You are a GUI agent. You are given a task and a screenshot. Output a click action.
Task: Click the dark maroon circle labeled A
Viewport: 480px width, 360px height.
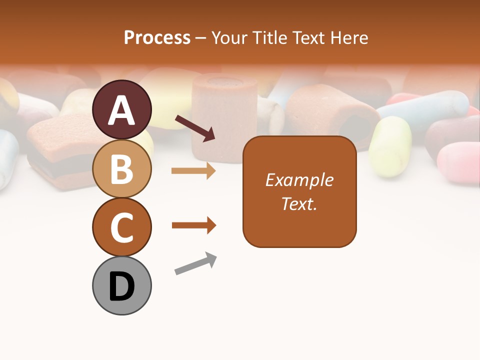click(x=121, y=109)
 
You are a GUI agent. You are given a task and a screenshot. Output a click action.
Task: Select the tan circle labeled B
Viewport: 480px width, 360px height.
click(x=121, y=168)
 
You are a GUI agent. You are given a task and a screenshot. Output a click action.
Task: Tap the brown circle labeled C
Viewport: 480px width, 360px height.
click(x=121, y=227)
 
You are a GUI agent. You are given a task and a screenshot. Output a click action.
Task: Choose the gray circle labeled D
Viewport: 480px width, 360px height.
click(x=121, y=285)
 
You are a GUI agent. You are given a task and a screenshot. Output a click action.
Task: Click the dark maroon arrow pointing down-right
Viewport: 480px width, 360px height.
click(x=194, y=127)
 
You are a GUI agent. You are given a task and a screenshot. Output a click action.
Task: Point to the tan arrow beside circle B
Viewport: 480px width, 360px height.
click(x=193, y=171)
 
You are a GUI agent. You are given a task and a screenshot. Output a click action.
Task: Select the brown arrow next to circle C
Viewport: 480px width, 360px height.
click(x=193, y=225)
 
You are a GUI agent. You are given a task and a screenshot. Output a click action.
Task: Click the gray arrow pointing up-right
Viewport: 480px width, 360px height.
click(x=195, y=263)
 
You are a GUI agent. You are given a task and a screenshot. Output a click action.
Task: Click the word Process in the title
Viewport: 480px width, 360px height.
click(x=157, y=37)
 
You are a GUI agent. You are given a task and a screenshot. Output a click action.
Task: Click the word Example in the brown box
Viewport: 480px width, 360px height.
click(x=299, y=180)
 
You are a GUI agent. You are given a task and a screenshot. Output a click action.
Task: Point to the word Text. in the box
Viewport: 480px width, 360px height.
click(x=299, y=203)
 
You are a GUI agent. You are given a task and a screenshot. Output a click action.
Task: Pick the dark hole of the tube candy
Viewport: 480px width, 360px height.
click(x=356, y=124)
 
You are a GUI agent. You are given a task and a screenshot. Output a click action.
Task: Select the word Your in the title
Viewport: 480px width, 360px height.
click(x=230, y=37)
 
